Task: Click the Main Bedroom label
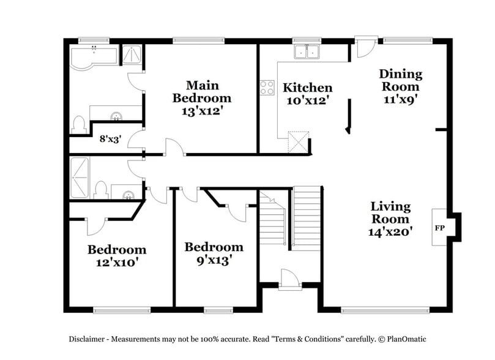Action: [x=201, y=91]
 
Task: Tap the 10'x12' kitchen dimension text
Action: [x=308, y=101]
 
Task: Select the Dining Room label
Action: [x=401, y=80]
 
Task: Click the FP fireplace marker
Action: [x=439, y=228]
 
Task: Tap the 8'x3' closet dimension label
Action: [x=110, y=139]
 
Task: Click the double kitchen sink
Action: [x=307, y=52]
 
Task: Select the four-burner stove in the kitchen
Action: [x=267, y=88]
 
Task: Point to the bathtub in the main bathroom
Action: [x=94, y=56]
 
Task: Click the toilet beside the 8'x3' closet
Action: [x=78, y=125]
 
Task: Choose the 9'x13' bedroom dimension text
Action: [x=214, y=260]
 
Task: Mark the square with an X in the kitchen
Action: [x=298, y=143]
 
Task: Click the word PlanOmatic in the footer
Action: [x=402, y=339]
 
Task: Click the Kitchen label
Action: [x=308, y=88]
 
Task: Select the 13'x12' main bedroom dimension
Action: [x=201, y=111]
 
